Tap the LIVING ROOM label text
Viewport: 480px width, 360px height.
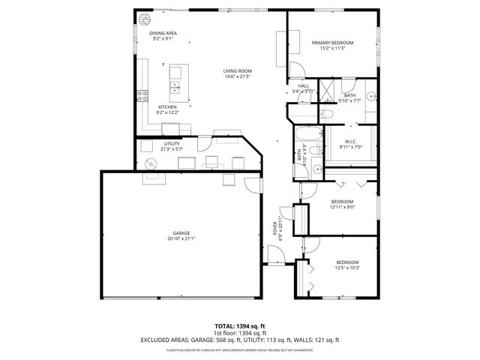pyautogui.click(x=237, y=72)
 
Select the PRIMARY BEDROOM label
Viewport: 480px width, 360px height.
pyautogui.click(x=332, y=43)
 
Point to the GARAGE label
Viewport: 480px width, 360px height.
pyautogui.click(x=181, y=233)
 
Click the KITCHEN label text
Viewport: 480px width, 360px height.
pyautogui.click(x=166, y=107)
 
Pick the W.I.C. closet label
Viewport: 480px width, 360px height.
pyautogui.click(x=350, y=141)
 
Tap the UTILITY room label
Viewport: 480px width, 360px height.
pyautogui.click(x=171, y=144)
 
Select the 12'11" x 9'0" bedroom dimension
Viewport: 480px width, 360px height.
pyautogui.click(x=342, y=207)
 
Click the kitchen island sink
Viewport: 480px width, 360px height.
pyautogui.click(x=175, y=88)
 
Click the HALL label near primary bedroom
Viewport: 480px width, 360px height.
pyautogui.click(x=303, y=86)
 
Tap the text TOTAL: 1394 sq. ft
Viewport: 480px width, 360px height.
pyautogui.click(x=239, y=326)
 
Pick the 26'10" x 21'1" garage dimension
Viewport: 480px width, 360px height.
pyautogui.click(x=181, y=239)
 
